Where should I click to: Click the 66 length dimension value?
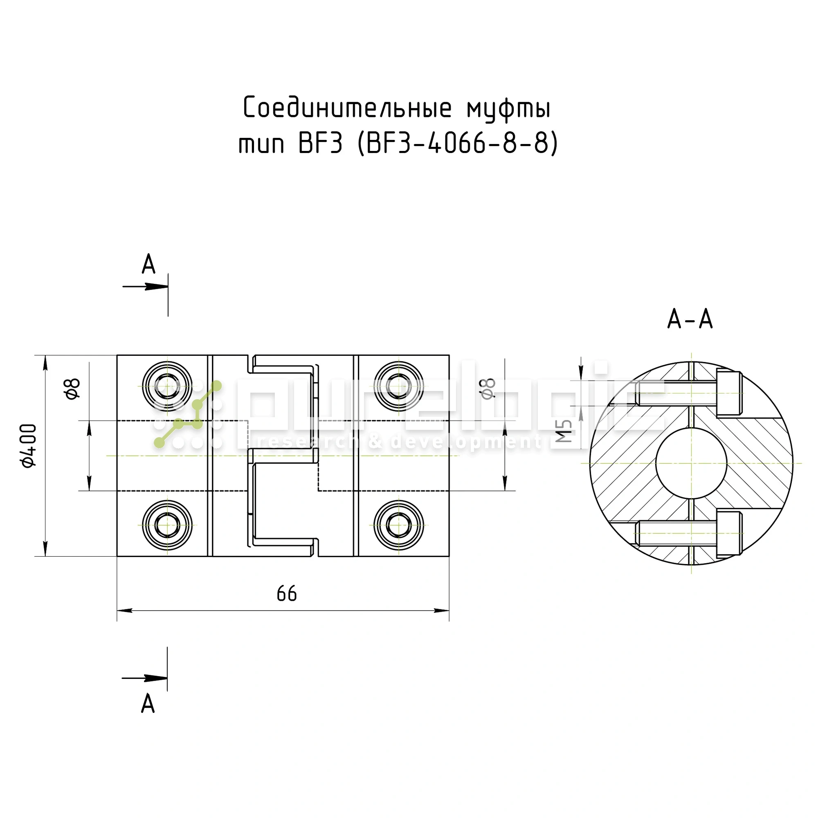pyautogui.click(x=287, y=594)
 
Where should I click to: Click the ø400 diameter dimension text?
pyautogui.click(x=29, y=446)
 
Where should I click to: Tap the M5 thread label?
pyautogui.click(x=564, y=431)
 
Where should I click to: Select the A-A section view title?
pyautogui.click(x=690, y=319)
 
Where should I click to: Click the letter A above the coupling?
pyautogui.click(x=148, y=265)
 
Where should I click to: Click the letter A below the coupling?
pyautogui.click(x=148, y=704)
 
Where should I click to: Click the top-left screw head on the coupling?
pyautogui.click(x=167, y=386)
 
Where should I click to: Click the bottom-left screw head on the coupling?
pyautogui.click(x=167, y=526)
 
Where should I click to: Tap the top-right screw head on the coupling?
pyautogui.click(x=398, y=386)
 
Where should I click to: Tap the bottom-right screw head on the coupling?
pyautogui.click(x=398, y=526)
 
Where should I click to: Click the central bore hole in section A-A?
pyautogui.click(x=691, y=463)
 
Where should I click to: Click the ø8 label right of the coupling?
pyautogui.click(x=488, y=388)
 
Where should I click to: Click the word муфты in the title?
pyautogui.click(x=508, y=108)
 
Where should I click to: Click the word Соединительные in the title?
pyautogui.click(x=347, y=108)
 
